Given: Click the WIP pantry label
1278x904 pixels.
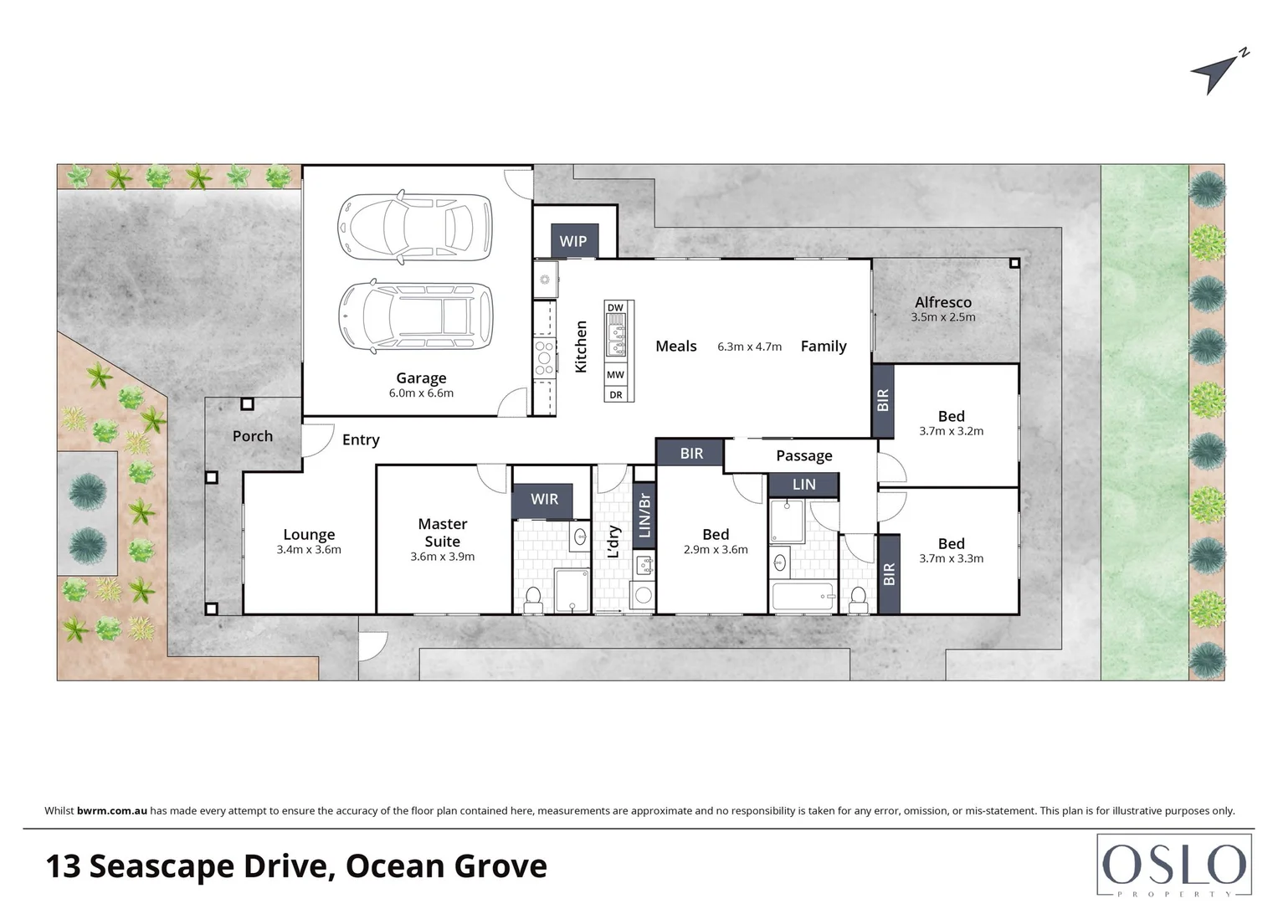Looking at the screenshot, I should pos(573,241).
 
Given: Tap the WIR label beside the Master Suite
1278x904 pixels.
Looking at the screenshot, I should pos(544,499).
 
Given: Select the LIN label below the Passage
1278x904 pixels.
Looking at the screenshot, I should pos(803,484).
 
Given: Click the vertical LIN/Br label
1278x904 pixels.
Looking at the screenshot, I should pos(644,515).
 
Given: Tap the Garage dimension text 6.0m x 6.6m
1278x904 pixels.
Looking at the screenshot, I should pos(421,393).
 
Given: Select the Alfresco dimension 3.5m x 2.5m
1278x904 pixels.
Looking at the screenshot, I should pos(943,317).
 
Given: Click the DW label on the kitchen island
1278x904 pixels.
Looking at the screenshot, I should pos(615,308).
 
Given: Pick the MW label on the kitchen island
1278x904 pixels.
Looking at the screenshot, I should pos(615,375).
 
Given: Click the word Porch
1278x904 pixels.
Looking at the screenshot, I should pos(253,436).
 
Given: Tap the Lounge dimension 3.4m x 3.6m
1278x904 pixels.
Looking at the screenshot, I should pos(309,550).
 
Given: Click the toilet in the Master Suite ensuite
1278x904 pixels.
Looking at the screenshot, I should pos(533,599).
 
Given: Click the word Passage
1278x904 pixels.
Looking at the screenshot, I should pos(803,455).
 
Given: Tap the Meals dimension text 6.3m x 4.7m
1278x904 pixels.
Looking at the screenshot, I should pos(749,347).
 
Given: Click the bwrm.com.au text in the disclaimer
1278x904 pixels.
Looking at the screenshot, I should pos(112,810).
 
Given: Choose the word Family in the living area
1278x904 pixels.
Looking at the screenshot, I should pos(824,346).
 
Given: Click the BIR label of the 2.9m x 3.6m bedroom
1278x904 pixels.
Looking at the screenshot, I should pos(691,453).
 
